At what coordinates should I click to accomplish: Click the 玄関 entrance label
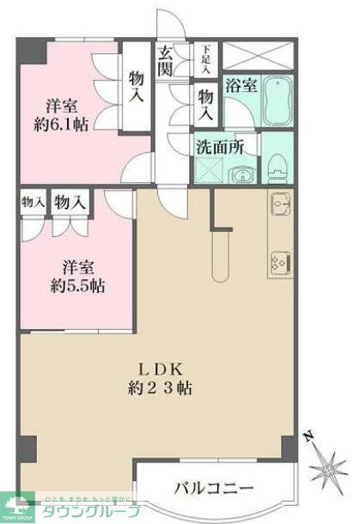coord(166,60)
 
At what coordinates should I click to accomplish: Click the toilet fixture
coord(277,164)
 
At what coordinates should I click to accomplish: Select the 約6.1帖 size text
coord(64,125)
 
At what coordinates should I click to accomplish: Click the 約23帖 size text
coord(155,388)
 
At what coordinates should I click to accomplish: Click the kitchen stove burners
coord(281,260)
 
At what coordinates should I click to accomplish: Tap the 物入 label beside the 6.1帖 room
coord(136,86)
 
